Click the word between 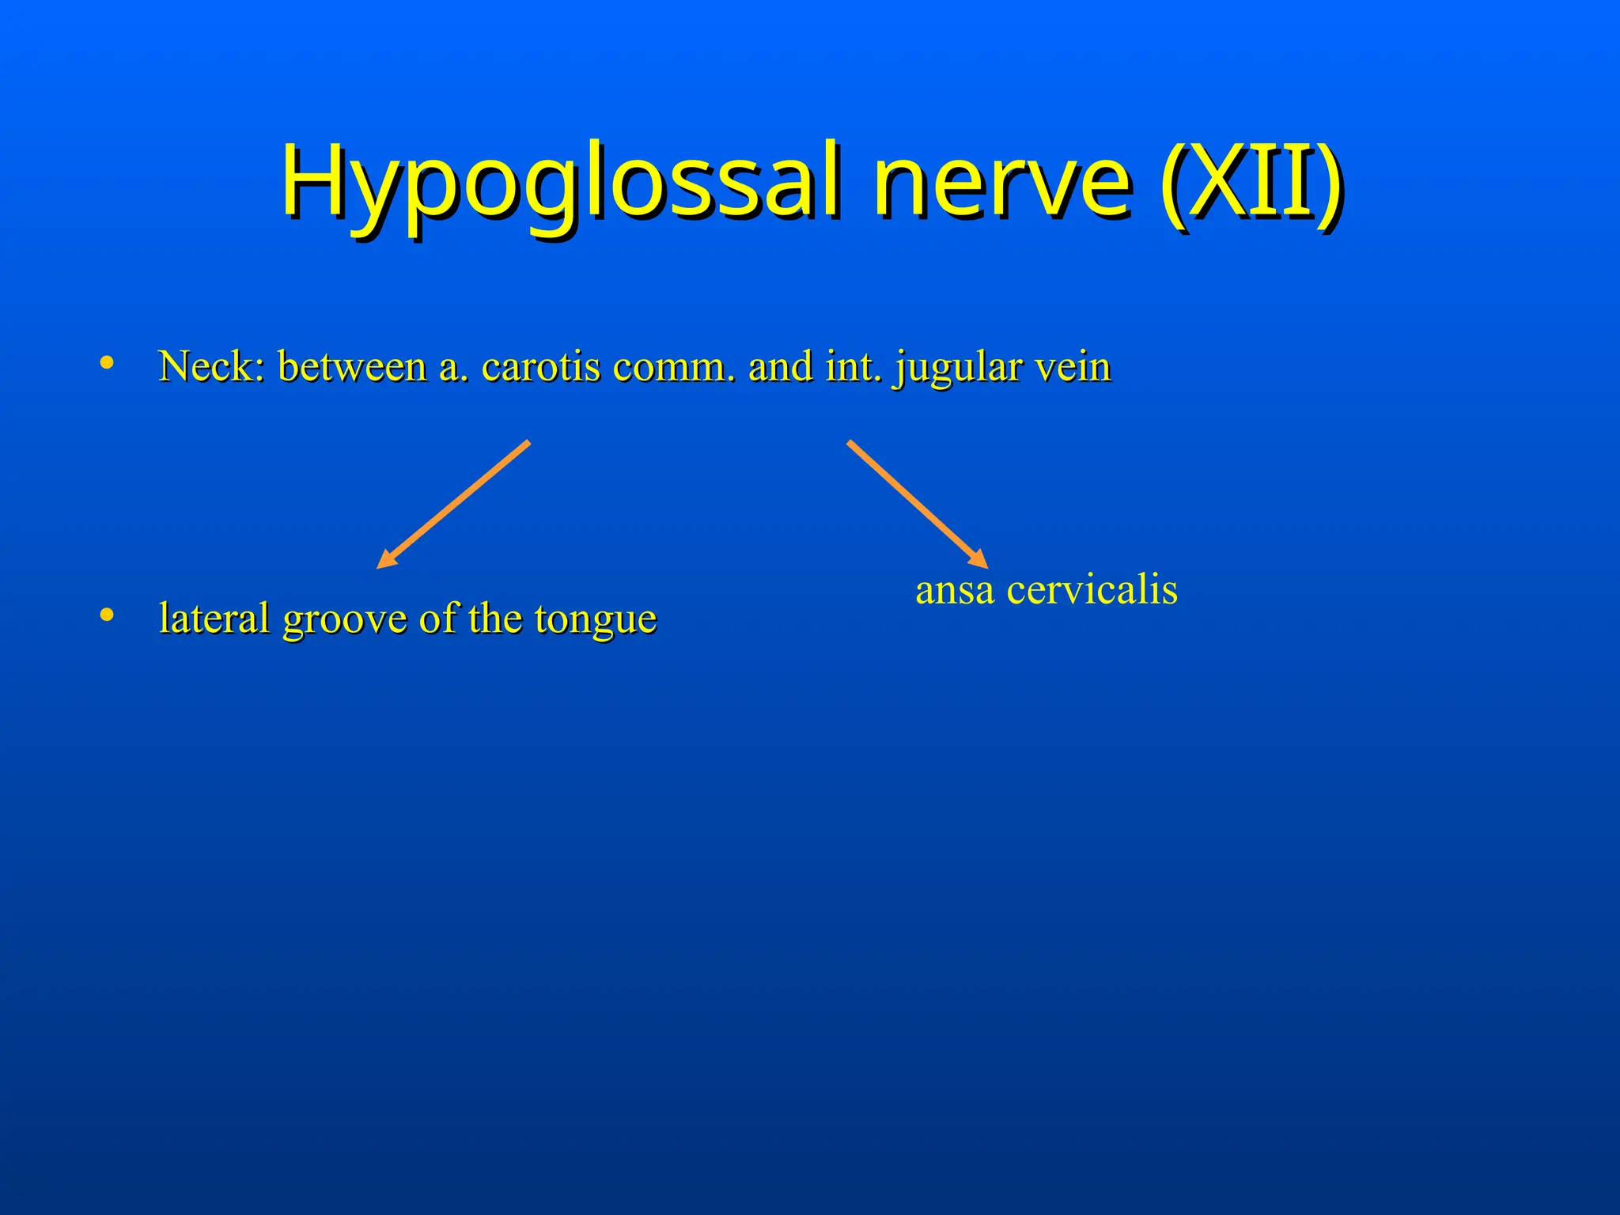pos(353,367)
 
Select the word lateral pos(214,619)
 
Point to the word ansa pos(954,591)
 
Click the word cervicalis pos(1092,591)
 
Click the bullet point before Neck pos(107,363)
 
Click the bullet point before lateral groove pos(107,615)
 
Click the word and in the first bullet pos(780,367)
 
